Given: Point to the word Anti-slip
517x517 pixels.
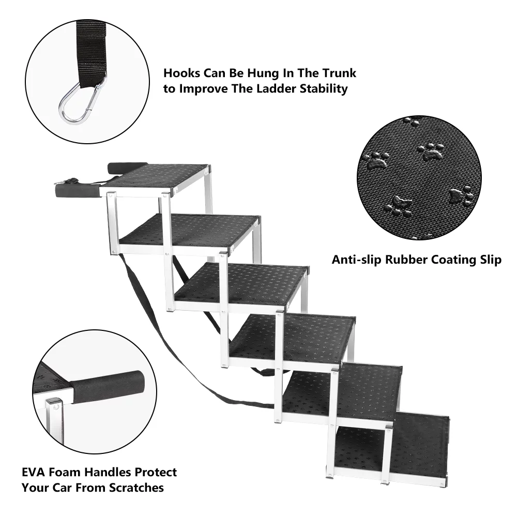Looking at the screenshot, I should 356,260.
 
